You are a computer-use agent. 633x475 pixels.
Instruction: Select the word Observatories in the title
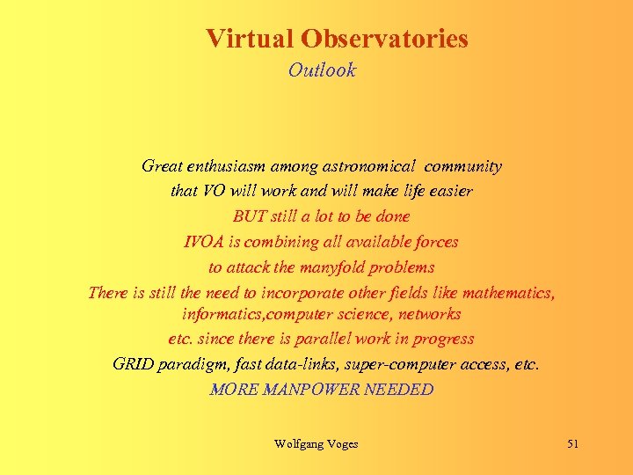[384, 40]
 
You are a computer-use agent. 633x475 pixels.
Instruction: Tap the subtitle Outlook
[322, 70]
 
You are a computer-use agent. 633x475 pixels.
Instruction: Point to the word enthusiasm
[222, 165]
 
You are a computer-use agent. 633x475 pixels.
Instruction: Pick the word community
[462, 165]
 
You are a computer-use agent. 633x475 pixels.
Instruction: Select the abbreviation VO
[215, 191]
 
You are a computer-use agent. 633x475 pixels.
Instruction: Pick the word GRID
[134, 364]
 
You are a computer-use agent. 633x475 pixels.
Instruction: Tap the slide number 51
[572, 444]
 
